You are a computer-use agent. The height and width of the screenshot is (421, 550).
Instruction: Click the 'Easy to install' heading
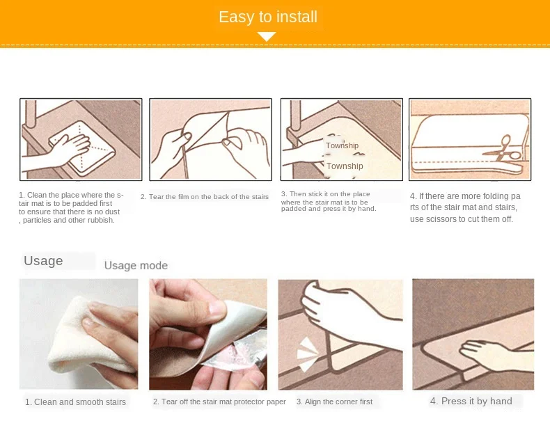click(x=268, y=17)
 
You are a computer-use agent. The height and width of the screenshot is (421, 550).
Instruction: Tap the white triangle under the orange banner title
click(x=267, y=36)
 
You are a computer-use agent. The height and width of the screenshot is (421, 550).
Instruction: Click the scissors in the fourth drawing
click(x=502, y=150)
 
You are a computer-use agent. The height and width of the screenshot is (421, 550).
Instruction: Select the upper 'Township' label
click(x=342, y=145)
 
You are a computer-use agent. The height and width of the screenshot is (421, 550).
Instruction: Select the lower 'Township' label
click(x=345, y=166)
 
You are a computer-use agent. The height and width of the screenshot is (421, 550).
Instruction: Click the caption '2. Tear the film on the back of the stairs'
click(x=205, y=197)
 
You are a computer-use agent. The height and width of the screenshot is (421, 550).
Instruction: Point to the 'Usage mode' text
click(x=136, y=265)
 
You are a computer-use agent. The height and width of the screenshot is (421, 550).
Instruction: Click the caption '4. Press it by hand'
click(x=471, y=401)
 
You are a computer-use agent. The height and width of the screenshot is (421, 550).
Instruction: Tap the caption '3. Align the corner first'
click(x=334, y=402)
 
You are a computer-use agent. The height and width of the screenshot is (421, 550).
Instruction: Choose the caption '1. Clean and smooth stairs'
click(x=75, y=402)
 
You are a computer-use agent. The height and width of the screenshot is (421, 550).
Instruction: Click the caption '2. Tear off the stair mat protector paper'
click(x=219, y=402)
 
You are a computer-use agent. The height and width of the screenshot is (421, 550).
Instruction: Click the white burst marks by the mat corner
click(x=306, y=354)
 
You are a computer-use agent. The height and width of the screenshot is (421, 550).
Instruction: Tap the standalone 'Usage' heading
click(x=43, y=261)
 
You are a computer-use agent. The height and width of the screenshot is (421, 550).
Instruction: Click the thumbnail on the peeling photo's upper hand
click(x=217, y=308)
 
